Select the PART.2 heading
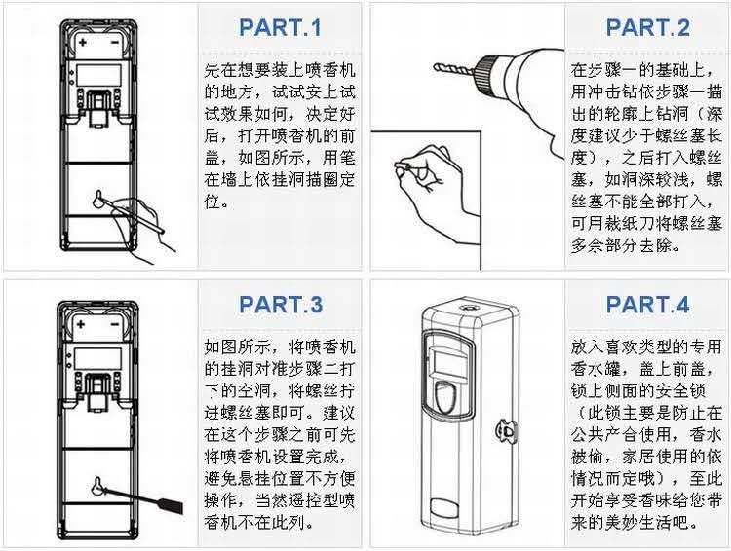click(646, 27)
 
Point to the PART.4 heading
click(646, 305)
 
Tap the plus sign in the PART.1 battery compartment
click(82, 44)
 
